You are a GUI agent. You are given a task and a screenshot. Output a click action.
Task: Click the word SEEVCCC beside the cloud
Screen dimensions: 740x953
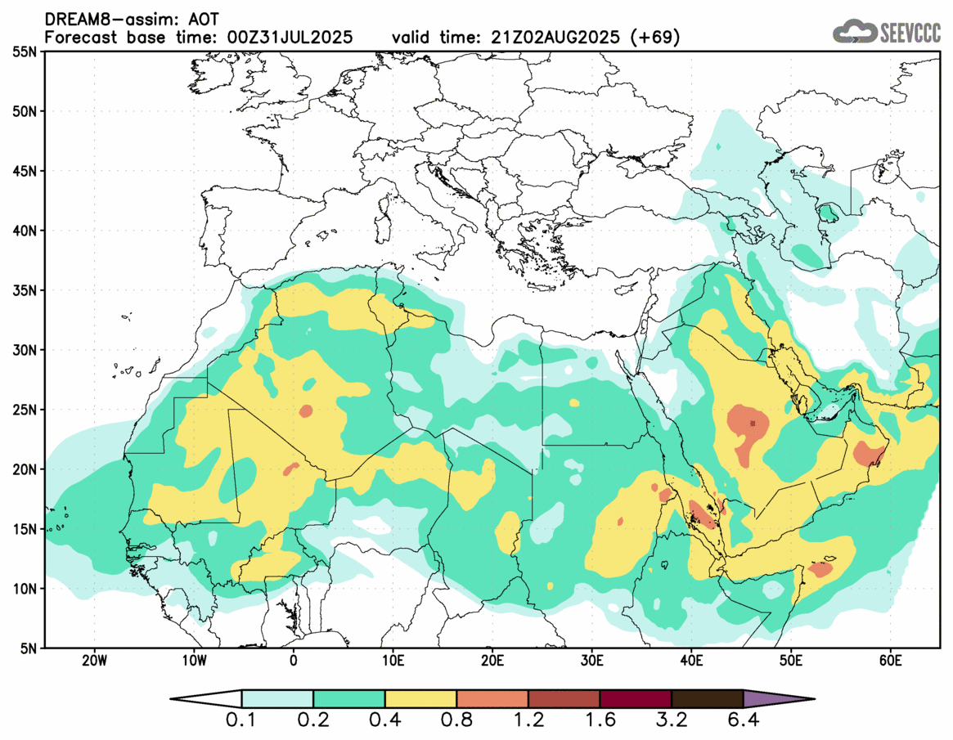(909, 33)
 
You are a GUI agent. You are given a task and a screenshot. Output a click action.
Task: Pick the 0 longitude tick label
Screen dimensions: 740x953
(294, 660)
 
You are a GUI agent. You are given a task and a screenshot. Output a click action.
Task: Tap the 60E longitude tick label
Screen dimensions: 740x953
(891, 660)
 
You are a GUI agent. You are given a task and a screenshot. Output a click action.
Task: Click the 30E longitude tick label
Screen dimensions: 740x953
(591, 660)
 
